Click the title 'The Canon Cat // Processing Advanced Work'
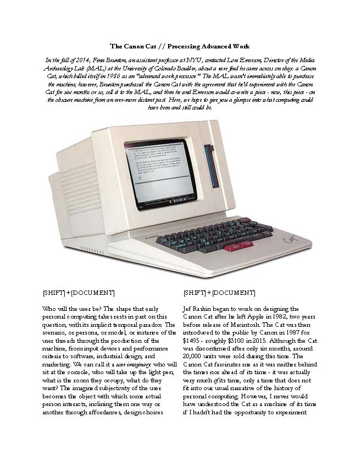pyautogui.click(x=180, y=46)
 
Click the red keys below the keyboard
pyautogui.click(x=236, y=248)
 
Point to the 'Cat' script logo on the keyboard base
pyautogui.click(x=290, y=240)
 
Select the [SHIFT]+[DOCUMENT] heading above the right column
pyautogui.click(x=219, y=293)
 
